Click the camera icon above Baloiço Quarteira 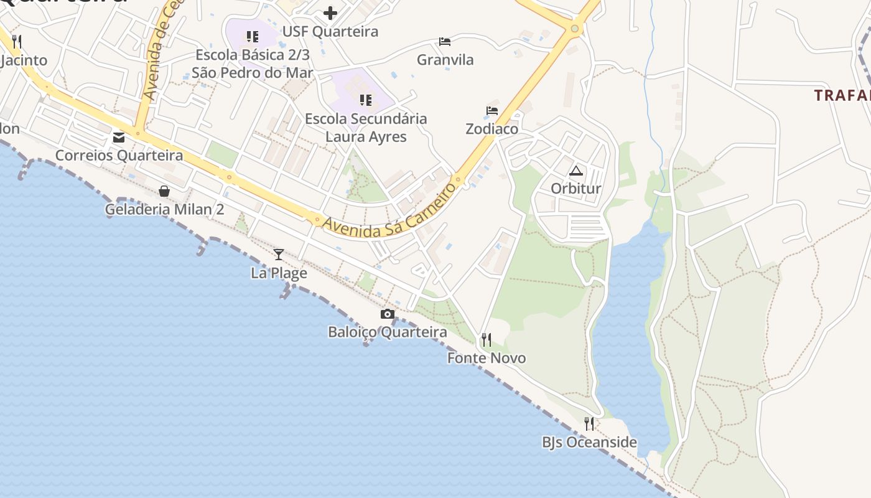click(x=388, y=314)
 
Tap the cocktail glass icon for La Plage click(x=279, y=254)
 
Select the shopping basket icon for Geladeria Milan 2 click(x=164, y=190)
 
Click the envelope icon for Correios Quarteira click(x=119, y=137)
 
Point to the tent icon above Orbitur click(x=576, y=171)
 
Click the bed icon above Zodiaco click(x=492, y=111)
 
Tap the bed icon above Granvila click(x=445, y=42)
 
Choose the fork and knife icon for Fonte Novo click(x=487, y=340)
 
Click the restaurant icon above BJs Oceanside click(x=589, y=424)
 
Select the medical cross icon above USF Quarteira click(x=330, y=12)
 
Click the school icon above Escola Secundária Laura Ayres click(x=366, y=100)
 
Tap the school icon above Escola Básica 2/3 click(x=252, y=37)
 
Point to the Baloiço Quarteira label click(x=388, y=332)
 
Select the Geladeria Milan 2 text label click(x=164, y=209)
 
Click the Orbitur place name click(x=576, y=189)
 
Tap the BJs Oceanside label click(x=589, y=442)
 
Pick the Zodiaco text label click(x=492, y=129)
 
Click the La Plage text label click(x=279, y=273)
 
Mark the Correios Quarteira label click(x=119, y=155)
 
